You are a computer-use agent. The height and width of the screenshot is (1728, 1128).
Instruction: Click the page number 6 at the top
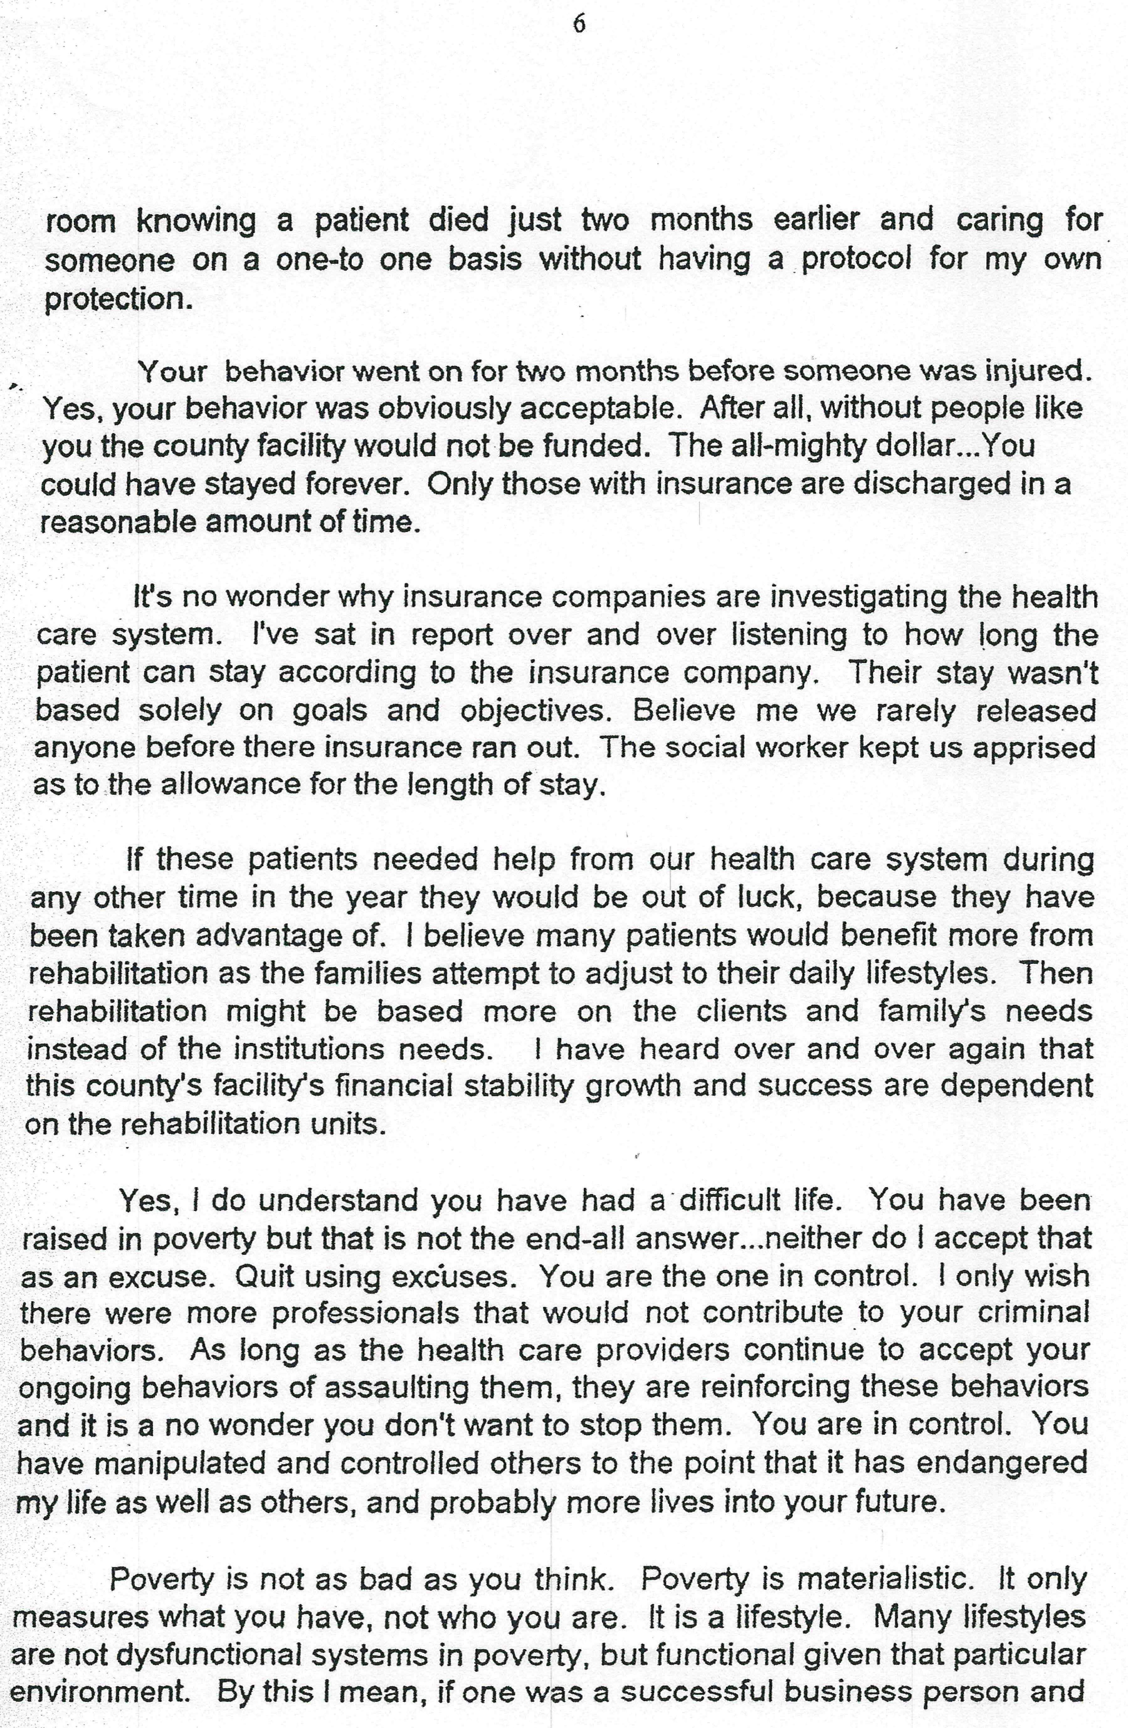pyautogui.click(x=579, y=25)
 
